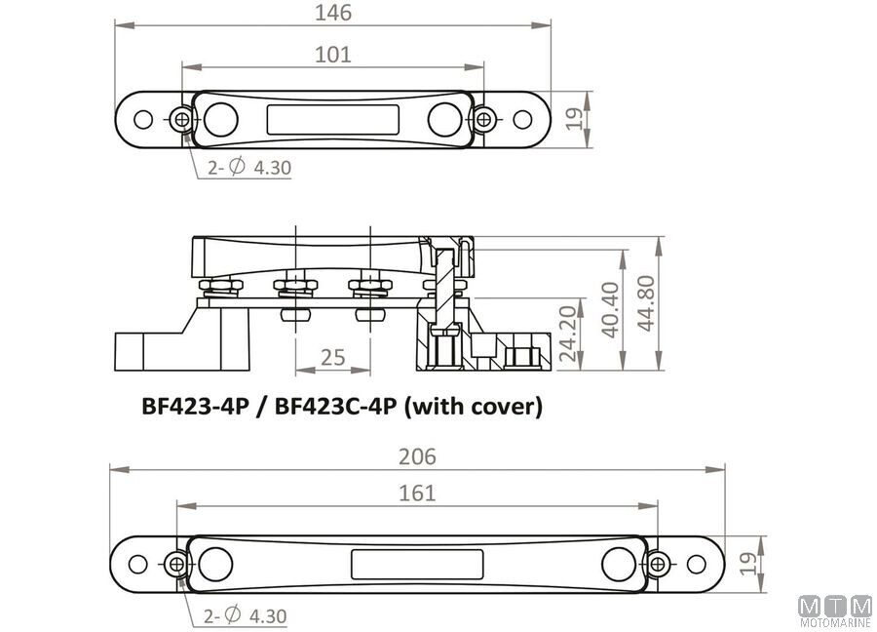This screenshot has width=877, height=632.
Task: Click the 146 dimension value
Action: coord(333,13)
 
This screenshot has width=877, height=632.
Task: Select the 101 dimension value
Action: coord(333,55)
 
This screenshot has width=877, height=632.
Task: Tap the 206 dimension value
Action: coord(417,457)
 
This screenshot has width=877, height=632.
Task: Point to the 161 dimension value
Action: coord(417,494)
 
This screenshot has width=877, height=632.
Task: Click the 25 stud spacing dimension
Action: coord(333,357)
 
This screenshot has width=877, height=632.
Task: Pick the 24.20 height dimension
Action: coord(568,334)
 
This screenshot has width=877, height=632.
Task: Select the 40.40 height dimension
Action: coord(610,309)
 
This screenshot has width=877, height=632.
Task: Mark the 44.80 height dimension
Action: coord(646,303)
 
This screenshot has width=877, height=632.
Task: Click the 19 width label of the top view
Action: coord(574,119)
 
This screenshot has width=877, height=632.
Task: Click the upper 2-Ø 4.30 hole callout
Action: coord(249,167)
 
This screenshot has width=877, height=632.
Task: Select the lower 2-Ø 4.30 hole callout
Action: coord(245,615)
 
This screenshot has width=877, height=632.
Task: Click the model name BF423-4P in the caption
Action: coord(195,406)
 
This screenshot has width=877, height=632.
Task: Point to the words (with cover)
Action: coord(474,407)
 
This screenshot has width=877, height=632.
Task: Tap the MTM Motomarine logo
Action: coord(835,612)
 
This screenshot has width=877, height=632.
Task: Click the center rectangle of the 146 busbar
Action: coord(333,120)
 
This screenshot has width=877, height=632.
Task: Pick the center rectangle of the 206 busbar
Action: coord(417,565)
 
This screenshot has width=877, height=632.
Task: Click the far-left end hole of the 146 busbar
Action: coord(143,119)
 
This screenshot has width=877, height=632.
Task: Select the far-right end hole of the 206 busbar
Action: coord(697,565)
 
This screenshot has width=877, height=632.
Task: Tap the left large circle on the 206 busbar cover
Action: coord(215,565)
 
